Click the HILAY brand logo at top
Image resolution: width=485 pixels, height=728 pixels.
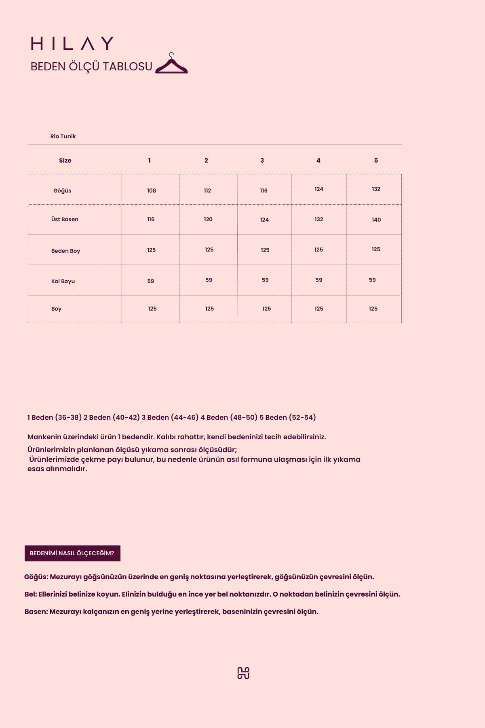72,43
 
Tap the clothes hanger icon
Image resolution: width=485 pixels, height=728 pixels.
171,65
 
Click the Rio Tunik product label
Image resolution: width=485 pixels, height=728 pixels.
63,136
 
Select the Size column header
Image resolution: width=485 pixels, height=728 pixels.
65,161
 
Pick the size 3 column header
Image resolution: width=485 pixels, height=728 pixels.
262,161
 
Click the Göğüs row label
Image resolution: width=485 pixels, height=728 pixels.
62,190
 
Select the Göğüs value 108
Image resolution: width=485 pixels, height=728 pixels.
152,190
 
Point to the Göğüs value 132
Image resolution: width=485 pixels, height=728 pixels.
376,189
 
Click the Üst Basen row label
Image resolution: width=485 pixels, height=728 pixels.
65,219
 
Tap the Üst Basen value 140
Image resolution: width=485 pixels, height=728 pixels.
376,220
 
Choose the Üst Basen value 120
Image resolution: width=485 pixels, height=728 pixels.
208,219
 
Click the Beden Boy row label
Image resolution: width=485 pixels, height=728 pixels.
65,251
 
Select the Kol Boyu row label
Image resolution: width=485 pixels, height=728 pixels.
63,281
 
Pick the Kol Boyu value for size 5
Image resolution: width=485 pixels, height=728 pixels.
372,280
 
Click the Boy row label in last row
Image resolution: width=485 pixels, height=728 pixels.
56,309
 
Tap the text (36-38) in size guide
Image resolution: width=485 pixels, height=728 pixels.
68,417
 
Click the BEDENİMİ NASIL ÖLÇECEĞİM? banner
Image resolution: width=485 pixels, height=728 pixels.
72,553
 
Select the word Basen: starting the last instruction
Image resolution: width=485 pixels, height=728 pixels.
36,612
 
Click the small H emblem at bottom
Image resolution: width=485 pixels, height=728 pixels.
243,673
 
